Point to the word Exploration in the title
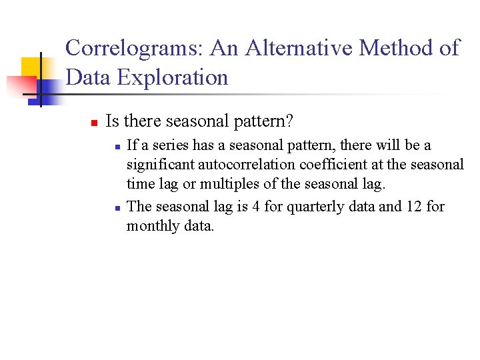pyautogui.click(x=173, y=77)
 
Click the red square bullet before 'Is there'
pyautogui.click(x=94, y=123)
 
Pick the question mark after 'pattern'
pyautogui.click(x=291, y=121)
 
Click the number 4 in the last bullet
pyautogui.click(x=255, y=207)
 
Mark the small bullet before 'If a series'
pyautogui.click(x=116, y=146)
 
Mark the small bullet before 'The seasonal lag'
pyautogui.click(x=116, y=207)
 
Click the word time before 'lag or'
pyautogui.click(x=141, y=185)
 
